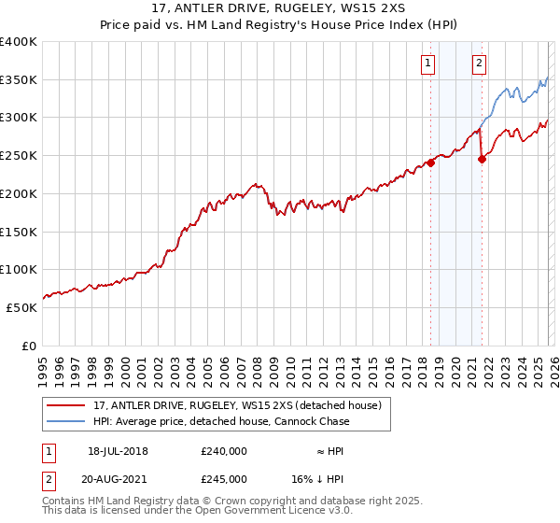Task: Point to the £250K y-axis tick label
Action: pyautogui.click(x=19, y=156)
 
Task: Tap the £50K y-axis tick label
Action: pyautogui.click(x=21, y=307)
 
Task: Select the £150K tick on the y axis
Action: pyautogui.click(x=19, y=232)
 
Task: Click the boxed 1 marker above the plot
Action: pyautogui.click(x=427, y=64)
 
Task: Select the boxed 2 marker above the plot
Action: pyautogui.click(x=479, y=64)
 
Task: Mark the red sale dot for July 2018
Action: pyautogui.click(x=431, y=163)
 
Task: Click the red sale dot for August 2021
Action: pyautogui.click(x=482, y=159)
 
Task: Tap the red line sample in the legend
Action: pyautogui.click(x=66, y=406)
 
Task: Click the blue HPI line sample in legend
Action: pyautogui.click(x=66, y=421)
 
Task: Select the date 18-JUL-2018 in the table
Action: pyautogui.click(x=118, y=451)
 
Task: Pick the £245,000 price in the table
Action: pyautogui.click(x=223, y=478)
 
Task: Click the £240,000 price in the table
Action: pyautogui.click(x=223, y=451)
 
